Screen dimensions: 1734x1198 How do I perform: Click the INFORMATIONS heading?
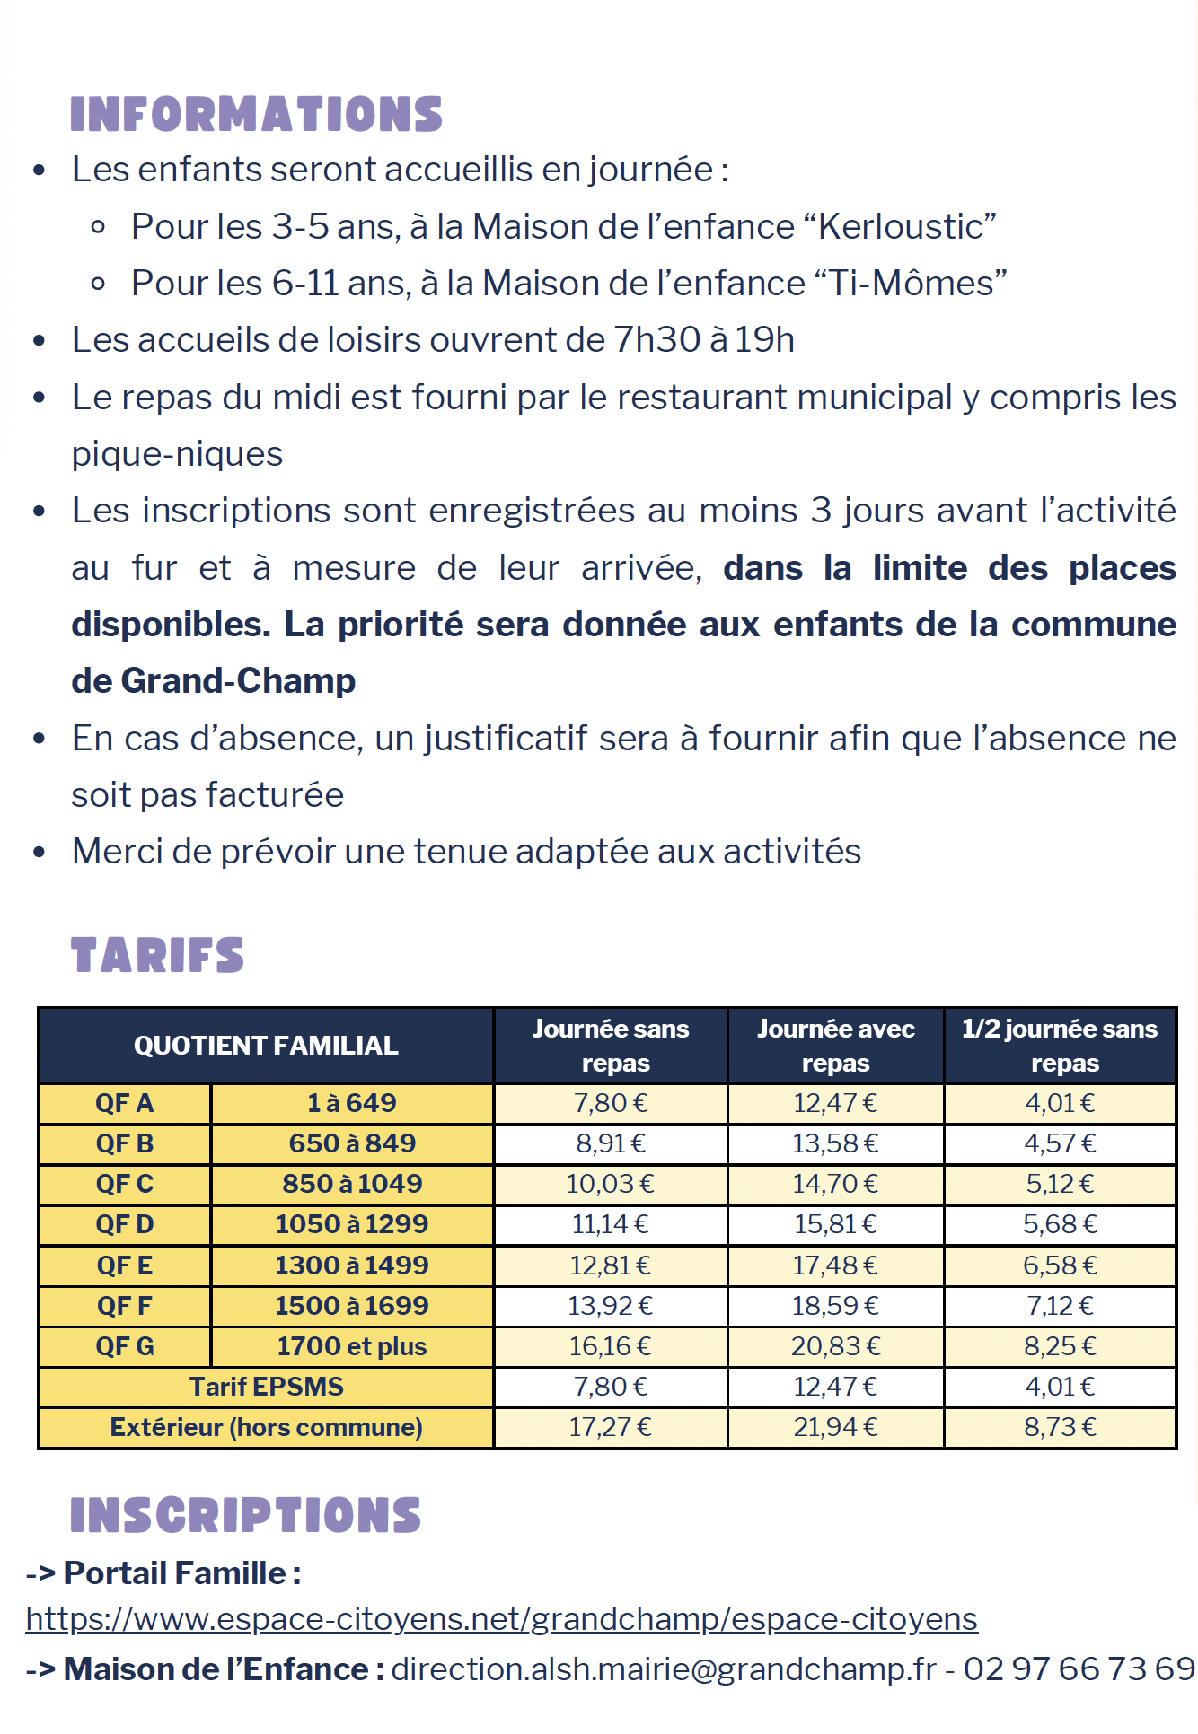256,115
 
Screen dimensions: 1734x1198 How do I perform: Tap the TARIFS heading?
157,955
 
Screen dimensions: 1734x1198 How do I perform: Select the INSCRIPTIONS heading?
245,1515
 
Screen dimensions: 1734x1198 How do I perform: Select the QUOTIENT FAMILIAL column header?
266,1046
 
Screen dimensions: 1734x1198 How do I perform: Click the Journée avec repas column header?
835,1046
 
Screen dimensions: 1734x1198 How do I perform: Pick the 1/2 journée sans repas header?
1060,1046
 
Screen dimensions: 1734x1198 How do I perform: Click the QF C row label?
125,1184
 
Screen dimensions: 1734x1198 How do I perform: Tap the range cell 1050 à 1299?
352,1224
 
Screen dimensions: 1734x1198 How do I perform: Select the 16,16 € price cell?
611,1346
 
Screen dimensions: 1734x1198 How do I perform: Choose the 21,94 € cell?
835,1427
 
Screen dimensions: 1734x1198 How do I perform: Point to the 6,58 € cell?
1060,1265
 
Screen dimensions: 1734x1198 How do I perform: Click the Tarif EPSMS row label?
266,1387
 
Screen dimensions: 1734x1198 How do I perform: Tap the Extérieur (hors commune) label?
266,1427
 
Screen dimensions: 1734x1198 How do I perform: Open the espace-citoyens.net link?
501,1619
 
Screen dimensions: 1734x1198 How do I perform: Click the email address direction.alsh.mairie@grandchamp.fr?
664,1669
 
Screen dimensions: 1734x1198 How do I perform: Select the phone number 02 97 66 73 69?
1079,1669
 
